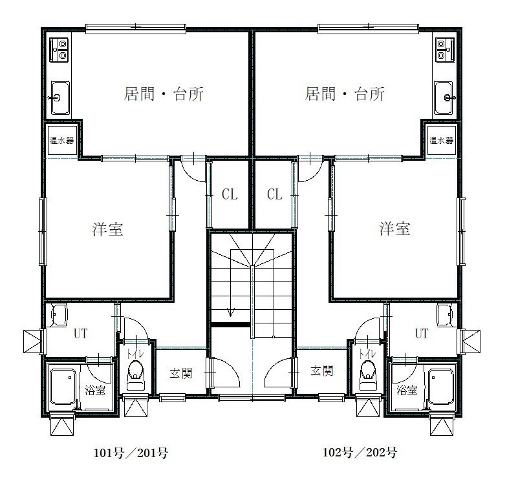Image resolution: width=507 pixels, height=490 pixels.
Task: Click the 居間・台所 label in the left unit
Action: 164,94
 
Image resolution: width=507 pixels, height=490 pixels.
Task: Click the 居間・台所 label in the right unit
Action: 345,94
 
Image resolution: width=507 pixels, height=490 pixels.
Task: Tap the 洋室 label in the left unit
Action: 107,229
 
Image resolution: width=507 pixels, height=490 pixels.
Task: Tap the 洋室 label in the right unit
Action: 394,229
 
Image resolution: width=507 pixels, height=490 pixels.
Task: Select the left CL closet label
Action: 230,194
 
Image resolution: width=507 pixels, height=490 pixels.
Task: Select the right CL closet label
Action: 274,194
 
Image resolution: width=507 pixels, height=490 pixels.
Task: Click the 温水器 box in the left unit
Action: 62,140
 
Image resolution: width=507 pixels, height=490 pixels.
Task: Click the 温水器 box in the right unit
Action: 441,140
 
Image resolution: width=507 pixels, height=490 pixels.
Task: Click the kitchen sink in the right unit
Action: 444,97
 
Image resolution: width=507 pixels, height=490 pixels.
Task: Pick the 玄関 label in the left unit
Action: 181,373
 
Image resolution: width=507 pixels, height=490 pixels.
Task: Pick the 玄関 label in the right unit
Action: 322,371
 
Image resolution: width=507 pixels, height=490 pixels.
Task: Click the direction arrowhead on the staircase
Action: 231,312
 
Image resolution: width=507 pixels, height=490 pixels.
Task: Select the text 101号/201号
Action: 131,453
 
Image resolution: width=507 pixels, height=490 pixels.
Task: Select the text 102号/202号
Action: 360,452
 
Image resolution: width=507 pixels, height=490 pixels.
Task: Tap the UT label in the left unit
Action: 80,333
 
